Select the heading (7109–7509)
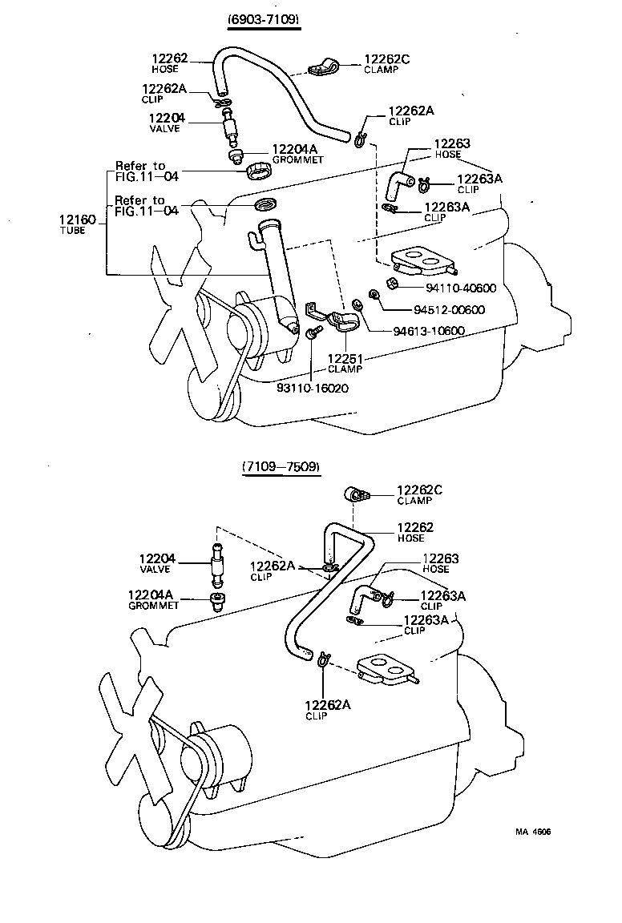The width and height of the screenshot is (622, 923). (x=280, y=466)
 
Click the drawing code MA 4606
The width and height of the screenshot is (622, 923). (x=533, y=831)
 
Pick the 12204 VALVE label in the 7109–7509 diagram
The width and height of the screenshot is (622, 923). (x=156, y=563)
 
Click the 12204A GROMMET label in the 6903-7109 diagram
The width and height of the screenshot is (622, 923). (x=297, y=153)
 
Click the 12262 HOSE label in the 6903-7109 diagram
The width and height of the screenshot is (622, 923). (x=169, y=63)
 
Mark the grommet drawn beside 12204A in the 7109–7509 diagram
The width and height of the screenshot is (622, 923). (x=216, y=603)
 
